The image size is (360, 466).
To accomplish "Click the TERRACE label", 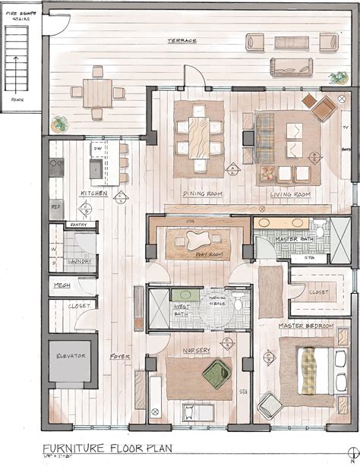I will pos(184,41).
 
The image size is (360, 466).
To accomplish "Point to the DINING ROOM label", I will pos(202,195).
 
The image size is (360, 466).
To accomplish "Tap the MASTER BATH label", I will pos(292,239).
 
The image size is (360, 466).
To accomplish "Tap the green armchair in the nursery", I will pos(217,372).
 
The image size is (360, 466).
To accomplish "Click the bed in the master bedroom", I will pos(309,369).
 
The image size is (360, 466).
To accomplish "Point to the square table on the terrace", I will pos(98,93).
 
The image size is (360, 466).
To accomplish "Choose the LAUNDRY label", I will pos(79,262).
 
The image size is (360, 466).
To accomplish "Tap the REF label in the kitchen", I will pos(55,206).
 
